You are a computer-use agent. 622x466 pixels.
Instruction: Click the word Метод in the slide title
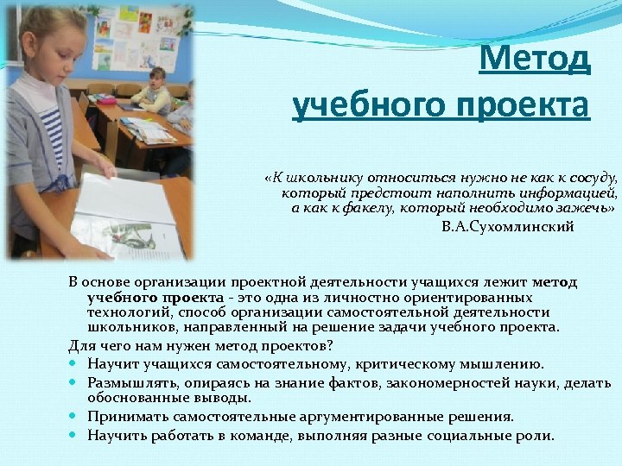536,60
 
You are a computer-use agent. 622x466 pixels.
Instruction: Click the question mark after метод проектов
330,346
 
